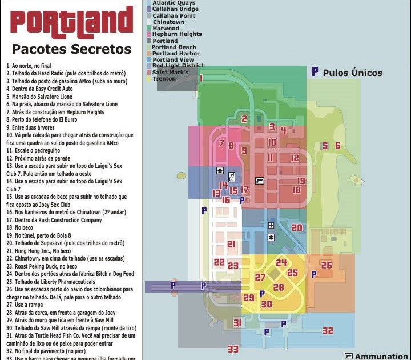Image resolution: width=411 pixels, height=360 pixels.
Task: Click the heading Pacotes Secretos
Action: tap(71, 49)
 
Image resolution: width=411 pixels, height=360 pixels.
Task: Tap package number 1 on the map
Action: tap(201, 78)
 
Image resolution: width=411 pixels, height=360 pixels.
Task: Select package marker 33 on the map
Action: tap(233, 349)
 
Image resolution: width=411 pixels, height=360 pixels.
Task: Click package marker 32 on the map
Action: tap(327, 331)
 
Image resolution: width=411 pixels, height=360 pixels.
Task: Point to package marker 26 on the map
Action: tap(326, 265)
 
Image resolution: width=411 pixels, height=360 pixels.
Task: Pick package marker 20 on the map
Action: tap(297, 227)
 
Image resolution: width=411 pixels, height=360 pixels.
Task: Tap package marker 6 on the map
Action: tap(338, 146)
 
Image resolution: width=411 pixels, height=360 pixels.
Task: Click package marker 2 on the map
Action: tap(244, 119)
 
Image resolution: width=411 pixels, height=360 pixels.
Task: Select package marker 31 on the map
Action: tap(237, 323)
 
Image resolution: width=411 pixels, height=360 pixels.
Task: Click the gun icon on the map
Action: tap(260, 181)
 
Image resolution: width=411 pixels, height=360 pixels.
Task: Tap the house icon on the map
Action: tap(220, 170)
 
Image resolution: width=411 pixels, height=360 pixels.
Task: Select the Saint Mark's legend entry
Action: tap(170, 72)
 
